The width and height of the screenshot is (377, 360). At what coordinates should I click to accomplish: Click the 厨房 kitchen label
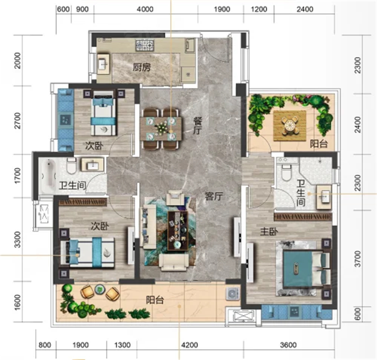[x=142, y=67]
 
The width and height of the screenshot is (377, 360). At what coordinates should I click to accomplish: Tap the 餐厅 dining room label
[x=197, y=126]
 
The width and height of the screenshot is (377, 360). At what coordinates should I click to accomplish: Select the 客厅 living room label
[x=214, y=196]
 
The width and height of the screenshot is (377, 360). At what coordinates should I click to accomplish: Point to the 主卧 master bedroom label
[x=269, y=232]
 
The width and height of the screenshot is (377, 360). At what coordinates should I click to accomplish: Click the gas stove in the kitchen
[x=145, y=45]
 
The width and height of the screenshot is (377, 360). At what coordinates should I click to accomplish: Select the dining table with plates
[x=161, y=129]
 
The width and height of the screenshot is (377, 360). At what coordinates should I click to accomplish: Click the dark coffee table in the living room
[x=178, y=230]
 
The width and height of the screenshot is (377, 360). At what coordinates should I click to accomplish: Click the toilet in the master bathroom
[x=287, y=172]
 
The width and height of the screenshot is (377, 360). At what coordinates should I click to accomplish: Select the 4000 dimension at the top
[x=145, y=9]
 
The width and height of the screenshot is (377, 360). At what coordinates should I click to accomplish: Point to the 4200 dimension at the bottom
[x=190, y=345]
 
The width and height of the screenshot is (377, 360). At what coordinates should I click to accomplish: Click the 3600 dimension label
[x=288, y=345]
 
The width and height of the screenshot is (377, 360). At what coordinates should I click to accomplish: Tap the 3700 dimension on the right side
[x=358, y=259]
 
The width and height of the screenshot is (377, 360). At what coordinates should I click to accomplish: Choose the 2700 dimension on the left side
[x=17, y=120]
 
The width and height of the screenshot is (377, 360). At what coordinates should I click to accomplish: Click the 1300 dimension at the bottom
[x=122, y=345]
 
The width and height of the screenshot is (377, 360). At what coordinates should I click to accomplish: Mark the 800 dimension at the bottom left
[x=45, y=345]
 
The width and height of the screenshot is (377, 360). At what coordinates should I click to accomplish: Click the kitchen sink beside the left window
[x=104, y=64]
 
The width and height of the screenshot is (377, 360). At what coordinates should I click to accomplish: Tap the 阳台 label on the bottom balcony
[x=155, y=300]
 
